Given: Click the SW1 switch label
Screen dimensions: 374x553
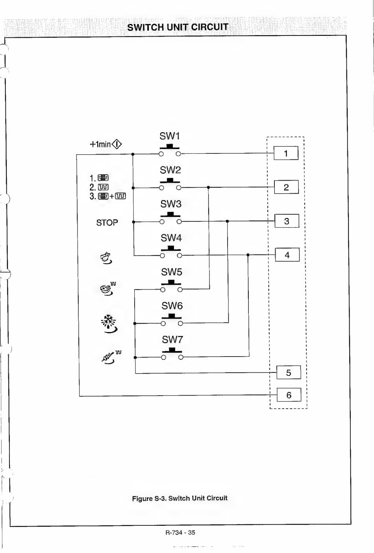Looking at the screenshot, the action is point(170,136).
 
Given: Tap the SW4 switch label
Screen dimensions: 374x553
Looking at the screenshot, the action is point(171,238).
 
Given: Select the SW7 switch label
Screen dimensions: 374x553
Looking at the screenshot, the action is point(172,340).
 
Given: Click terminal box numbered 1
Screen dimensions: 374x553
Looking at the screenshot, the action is point(286,153).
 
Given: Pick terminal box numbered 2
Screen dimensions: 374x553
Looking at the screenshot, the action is point(286,187).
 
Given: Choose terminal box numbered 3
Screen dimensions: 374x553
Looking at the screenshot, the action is point(287,221).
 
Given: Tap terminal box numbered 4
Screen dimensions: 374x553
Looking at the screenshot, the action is point(287,254).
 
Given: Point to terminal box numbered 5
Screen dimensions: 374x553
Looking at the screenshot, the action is point(289,372).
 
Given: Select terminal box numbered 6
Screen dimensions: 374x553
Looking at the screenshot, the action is point(289,395).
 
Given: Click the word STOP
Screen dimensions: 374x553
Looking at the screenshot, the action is point(107,223).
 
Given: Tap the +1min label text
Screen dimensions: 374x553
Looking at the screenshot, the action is point(100,144).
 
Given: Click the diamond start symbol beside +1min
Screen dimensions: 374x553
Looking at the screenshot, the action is point(117,144).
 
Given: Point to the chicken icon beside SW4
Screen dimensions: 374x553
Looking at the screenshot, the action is point(106,258).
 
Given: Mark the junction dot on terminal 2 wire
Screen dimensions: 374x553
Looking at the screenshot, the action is point(208,187).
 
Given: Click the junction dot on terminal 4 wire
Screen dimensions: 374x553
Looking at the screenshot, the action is point(248,255).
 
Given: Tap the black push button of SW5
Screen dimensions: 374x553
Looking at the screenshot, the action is point(171,282).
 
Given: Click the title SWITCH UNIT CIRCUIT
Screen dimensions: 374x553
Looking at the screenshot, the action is point(178,27).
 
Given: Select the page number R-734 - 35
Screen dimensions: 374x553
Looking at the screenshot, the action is point(180,532).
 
